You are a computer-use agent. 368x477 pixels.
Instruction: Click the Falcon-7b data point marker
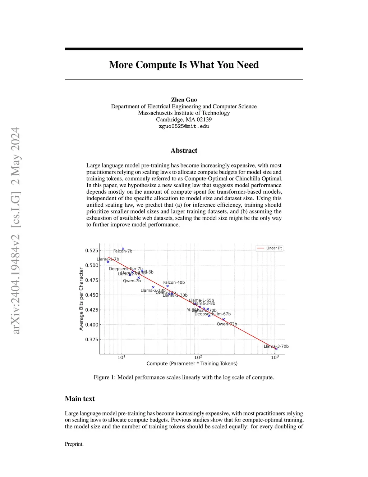(123, 248)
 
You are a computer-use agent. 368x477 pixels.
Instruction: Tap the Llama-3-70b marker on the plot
(276, 349)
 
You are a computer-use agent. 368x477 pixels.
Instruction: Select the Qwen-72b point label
(227, 324)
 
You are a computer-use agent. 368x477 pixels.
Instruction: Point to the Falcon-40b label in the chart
(174, 283)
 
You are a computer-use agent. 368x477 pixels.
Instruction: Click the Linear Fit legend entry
(270, 248)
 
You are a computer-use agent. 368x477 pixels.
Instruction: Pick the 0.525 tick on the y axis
(92, 251)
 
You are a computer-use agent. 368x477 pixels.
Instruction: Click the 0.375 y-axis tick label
(92, 339)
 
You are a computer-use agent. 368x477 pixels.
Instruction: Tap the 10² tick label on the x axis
(198, 357)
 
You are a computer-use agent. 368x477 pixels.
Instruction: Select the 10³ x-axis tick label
(275, 357)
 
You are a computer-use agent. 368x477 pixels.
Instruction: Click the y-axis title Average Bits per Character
(81, 299)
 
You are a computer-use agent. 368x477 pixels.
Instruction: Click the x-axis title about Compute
(192, 364)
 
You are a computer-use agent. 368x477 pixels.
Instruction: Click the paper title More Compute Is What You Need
(184, 65)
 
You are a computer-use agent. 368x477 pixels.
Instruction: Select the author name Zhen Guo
(184, 100)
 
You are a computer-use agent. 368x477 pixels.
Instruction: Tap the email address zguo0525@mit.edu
(184, 126)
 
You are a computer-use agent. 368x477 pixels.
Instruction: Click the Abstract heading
(184, 150)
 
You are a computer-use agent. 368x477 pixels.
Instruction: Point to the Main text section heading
(80, 399)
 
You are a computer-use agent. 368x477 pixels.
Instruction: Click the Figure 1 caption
(184, 377)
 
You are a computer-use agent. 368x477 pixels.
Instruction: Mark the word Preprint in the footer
(74, 444)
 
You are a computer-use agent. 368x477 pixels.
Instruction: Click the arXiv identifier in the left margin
(16, 230)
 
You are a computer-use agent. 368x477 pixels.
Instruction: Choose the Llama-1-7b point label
(108, 259)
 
